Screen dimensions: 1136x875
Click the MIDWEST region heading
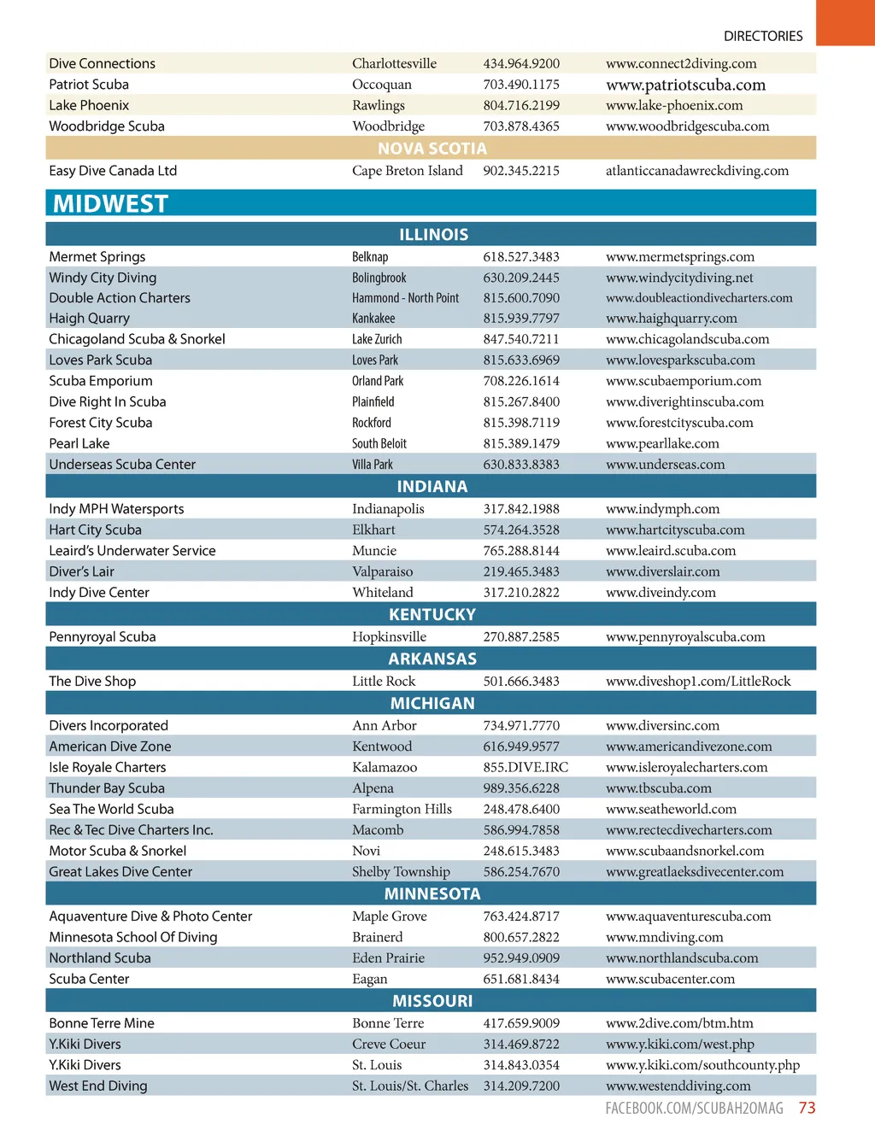pos(111,204)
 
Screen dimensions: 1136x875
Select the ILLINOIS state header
pos(433,235)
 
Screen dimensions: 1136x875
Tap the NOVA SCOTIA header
pos(432,149)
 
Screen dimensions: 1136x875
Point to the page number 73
pos(807,1108)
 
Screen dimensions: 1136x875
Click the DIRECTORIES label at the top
pos(763,36)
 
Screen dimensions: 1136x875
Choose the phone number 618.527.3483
pos(521,257)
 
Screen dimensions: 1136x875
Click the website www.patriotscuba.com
pos(685,85)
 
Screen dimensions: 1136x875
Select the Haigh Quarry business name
pos(89,319)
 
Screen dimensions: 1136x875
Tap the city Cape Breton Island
pos(408,171)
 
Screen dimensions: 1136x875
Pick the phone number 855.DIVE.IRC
pos(526,768)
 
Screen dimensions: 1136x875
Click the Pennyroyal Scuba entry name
pos(103,637)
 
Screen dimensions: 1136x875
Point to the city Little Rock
pos(384,682)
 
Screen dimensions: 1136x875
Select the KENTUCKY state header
pos(432,615)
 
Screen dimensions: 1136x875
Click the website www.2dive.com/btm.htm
pos(679,1023)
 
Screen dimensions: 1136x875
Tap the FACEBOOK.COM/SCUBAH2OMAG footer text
pos(694,1109)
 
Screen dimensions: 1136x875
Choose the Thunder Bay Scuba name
pos(107,788)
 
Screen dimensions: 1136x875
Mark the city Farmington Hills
pos(402,810)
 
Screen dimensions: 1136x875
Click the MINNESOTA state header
pos(432,894)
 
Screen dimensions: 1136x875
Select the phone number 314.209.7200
pos(521,1086)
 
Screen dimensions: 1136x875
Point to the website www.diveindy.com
pos(661,593)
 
